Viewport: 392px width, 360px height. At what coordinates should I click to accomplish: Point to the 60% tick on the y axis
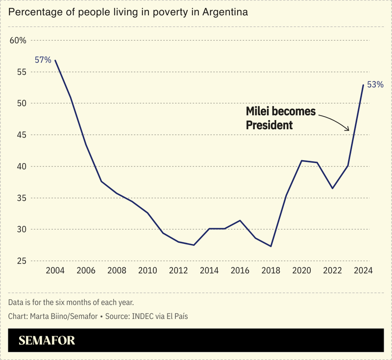(x=18, y=40)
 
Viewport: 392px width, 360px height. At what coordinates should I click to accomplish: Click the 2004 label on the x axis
(x=55, y=271)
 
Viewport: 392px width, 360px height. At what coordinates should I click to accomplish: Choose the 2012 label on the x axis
(x=178, y=271)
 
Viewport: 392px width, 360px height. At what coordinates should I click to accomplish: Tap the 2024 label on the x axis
(x=363, y=271)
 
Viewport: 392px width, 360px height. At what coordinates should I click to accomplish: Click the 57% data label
(x=43, y=60)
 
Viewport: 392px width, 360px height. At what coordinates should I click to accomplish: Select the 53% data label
(x=375, y=85)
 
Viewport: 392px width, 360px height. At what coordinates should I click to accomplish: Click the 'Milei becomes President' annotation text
(x=281, y=118)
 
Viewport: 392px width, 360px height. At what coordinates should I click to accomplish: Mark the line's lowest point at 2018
(x=271, y=246)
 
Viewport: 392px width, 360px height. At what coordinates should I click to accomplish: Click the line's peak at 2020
(x=301, y=161)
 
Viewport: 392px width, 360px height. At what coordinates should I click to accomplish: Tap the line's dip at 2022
(x=332, y=189)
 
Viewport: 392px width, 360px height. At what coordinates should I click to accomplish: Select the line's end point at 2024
(x=363, y=85)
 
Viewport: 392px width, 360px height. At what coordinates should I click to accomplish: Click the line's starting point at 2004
(x=55, y=60)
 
